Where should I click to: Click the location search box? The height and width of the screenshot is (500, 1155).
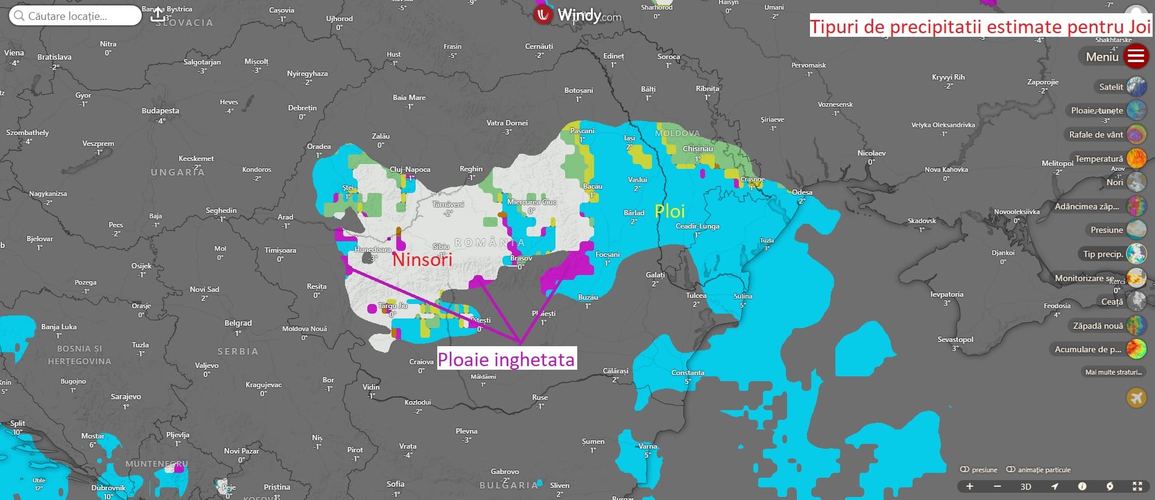[x=75, y=16]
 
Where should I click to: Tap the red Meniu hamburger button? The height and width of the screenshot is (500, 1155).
[x=1136, y=57]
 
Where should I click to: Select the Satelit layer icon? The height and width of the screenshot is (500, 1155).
[x=1136, y=87]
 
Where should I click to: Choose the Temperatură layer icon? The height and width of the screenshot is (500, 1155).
[x=1136, y=159]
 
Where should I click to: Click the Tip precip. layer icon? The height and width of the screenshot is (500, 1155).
[x=1136, y=254]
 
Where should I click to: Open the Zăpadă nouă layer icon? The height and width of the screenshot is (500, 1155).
[x=1136, y=326]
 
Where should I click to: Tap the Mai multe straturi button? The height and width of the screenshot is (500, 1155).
[x=1113, y=372]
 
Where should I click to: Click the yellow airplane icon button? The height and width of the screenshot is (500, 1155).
[x=1136, y=398]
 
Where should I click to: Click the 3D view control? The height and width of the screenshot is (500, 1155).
[x=1025, y=487]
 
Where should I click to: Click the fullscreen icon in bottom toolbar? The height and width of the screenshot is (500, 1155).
[x=1138, y=487]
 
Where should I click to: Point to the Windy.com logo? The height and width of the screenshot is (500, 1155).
[x=577, y=15]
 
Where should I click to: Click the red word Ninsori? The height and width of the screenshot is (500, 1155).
[x=422, y=260]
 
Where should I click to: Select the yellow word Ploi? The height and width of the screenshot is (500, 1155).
[x=669, y=211]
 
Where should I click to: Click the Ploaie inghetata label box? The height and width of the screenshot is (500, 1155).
[x=505, y=359]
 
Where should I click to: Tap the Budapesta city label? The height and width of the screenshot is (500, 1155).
[x=160, y=111]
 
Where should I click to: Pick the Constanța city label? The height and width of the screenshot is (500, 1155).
[x=688, y=373]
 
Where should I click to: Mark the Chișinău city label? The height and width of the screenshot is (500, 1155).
[x=698, y=148]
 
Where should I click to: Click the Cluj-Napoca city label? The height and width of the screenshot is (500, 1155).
[x=410, y=169]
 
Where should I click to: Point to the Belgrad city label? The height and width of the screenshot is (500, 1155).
[x=238, y=323]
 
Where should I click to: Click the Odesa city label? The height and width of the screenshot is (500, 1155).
[x=802, y=192]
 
